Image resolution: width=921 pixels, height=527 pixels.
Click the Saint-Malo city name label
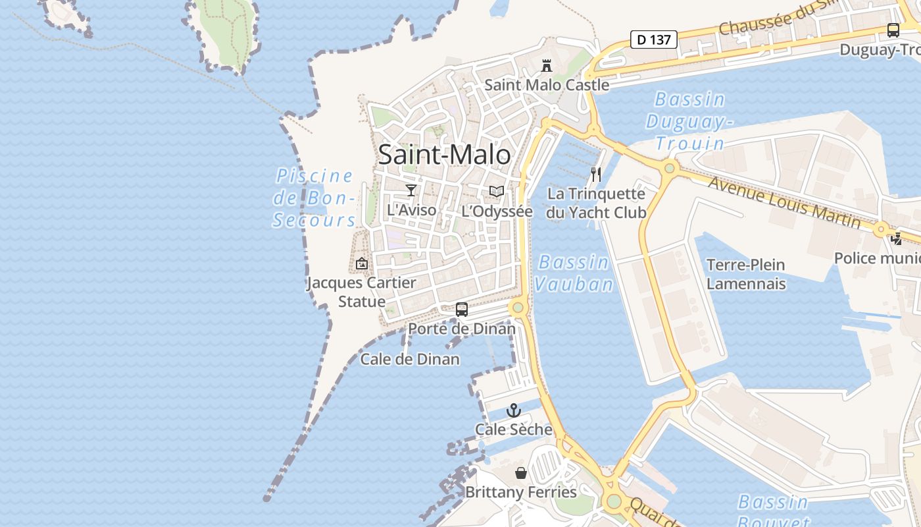pos(444,155)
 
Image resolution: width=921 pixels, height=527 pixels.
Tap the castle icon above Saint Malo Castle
pos(546,65)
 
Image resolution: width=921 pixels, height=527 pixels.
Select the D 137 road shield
pos(654,40)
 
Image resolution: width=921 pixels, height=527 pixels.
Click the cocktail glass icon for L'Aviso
pos(411,190)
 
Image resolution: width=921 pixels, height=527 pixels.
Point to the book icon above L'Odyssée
pos(497,192)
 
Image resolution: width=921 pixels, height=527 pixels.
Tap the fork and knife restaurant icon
pos(596,175)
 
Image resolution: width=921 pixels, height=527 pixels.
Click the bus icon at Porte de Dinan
pos(462,309)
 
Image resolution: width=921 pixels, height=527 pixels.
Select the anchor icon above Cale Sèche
pos(513,410)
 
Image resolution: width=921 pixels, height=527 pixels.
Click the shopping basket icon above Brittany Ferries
pos(520,473)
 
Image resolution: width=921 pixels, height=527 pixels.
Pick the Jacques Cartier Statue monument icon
pos(361,263)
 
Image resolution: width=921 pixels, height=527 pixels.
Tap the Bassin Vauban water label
pos(574,273)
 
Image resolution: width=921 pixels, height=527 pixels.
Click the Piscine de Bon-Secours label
pos(314,198)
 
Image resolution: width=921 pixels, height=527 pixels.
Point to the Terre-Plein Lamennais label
pos(745,274)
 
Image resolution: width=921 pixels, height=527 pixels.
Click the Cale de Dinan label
pos(410,359)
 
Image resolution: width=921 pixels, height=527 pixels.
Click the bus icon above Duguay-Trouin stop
pos(893,30)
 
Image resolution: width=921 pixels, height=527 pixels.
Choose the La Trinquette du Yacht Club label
pos(596,203)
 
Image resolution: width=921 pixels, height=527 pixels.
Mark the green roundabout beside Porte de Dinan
pos(518,307)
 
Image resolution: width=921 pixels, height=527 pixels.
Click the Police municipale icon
pos(896,238)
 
